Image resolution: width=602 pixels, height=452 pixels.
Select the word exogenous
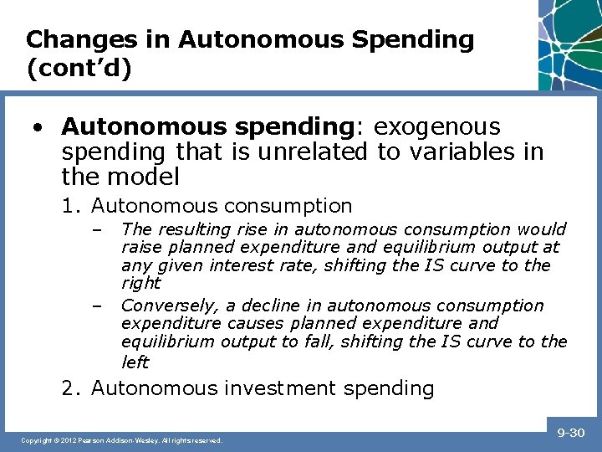(x=437, y=126)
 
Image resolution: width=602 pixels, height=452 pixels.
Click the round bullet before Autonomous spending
(x=38, y=127)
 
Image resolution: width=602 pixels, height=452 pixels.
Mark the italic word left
(x=135, y=362)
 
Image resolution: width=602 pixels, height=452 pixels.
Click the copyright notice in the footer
(x=122, y=440)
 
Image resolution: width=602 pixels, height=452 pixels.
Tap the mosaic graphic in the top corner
(x=570, y=42)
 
